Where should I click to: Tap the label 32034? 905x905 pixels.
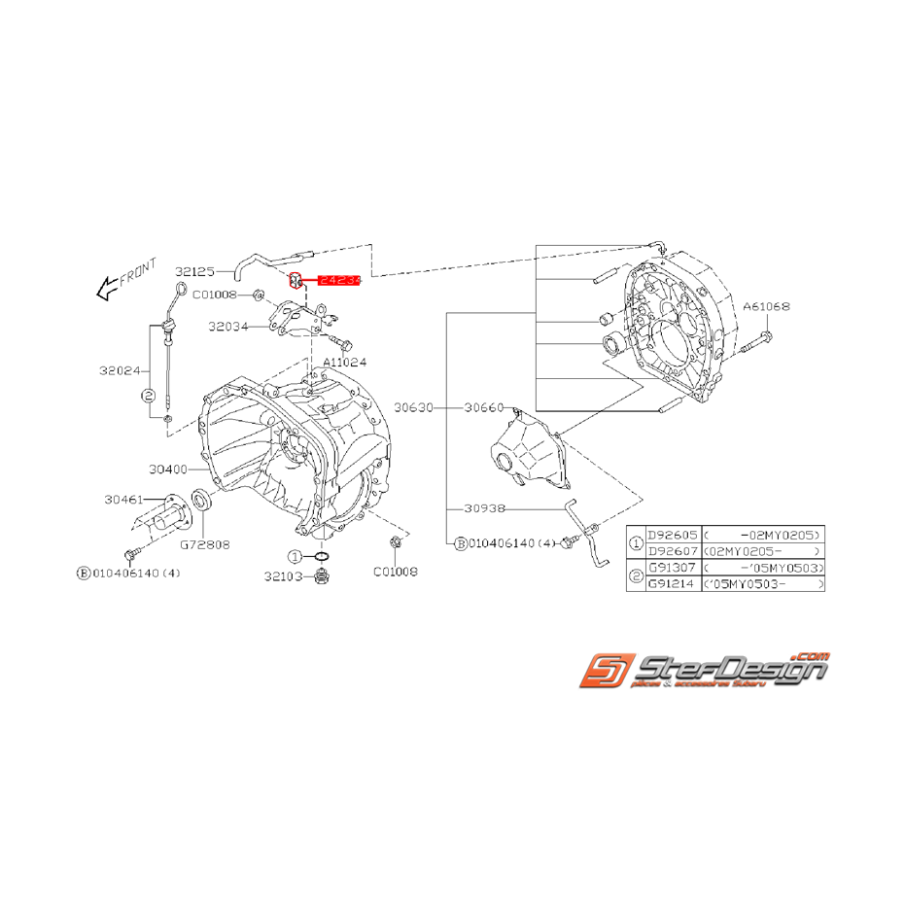tap(227, 328)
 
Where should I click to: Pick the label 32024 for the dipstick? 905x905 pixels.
tap(120, 370)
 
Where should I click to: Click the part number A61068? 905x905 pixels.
tap(766, 305)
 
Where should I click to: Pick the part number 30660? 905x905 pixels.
tap(483, 407)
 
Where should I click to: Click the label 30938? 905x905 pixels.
tap(484, 507)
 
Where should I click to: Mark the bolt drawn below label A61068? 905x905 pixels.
tap(757, 339)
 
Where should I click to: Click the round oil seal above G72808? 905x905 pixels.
tap(201, 501)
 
